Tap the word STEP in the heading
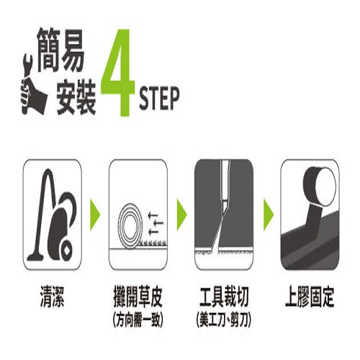[x=159, y=99]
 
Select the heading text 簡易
[x=60, y=50]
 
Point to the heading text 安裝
[x=76, y=96]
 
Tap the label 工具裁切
[x=224, y=297]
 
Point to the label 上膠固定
[x=310, y=297]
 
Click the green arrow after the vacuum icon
[x=95, y=215]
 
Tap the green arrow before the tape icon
[x=269, y=215]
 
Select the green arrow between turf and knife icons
[x=181, y=215]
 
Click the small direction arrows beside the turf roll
[x=156, y=223]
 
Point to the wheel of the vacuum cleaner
[x=66, y=251]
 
